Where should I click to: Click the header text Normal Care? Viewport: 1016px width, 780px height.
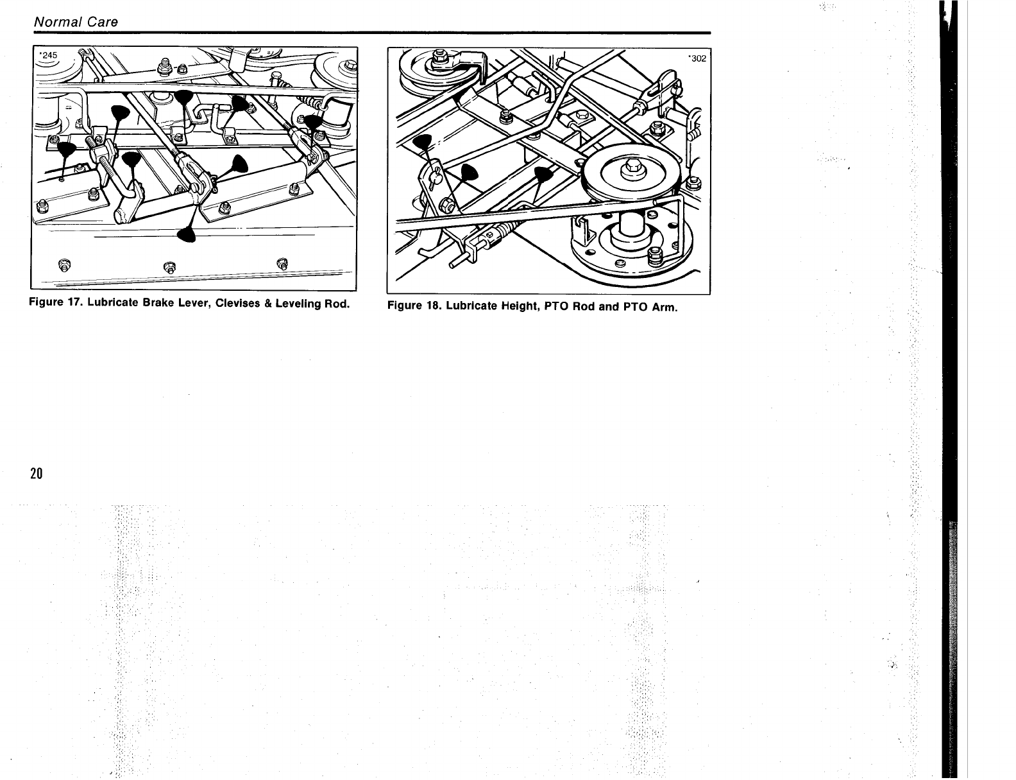pyautogui.click(x=76, y=22)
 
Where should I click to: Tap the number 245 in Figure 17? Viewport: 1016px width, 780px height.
pyautogui.click(x=49, y=55)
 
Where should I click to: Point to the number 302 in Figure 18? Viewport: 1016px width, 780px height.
pyautogui.click(x=697, y=58)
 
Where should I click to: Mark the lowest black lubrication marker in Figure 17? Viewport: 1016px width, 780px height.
pyautogui.click(x=187, y=235)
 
